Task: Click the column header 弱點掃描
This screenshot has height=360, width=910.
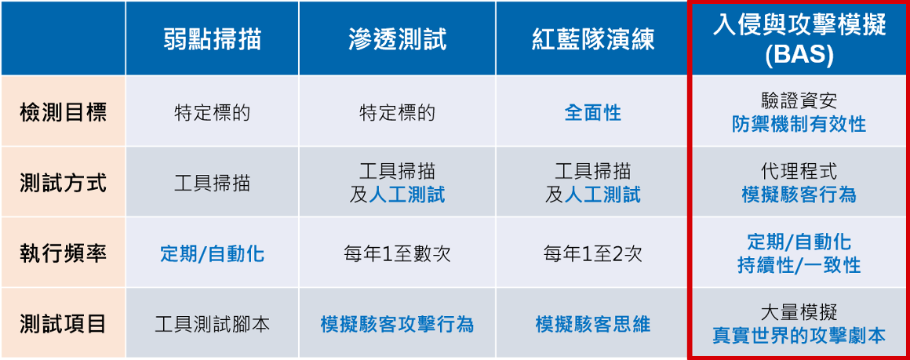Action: pyautogui.click(x=212, y=39)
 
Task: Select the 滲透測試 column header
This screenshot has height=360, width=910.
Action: pyautogui.click(x=398, y=39)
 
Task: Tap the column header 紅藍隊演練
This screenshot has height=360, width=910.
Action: pyautogui.click(x=592, y=39)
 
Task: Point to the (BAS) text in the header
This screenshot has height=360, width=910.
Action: pyautogui.click(x=799, y=54)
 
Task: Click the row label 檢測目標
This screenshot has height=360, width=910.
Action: pyautogui.click(x=64, y=113)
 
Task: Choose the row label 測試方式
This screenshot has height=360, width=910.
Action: pyautogui.click(x=64, y=184)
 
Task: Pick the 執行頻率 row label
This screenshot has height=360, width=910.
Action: pyautogui.click(x=64, y=254)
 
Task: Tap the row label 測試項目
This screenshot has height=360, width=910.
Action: pyautogui.click(x=64, y=324)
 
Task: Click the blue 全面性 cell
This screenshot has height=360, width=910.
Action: pyautogui.click(x=592, y=113)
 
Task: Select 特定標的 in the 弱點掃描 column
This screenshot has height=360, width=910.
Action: pyautogui.click(x=212, y=113)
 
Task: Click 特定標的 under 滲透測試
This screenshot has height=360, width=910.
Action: pyautogui.click(x=398, y=113)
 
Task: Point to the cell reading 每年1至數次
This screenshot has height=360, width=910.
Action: pyautogui.click(x=398, y=254)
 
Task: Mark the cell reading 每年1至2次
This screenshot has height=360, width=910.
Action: pyautogui.click(x=592, y=254)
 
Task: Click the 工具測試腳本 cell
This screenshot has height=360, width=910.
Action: pyautogui.click(x=212, y=324)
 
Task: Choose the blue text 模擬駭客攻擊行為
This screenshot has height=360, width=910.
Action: pyautogui.click(x=398, y=324)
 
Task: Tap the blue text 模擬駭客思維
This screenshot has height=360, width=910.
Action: pyautogui.click(x=592, y=324)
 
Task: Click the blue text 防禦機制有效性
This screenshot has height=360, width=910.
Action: pyautogui.click(x=799, y=124)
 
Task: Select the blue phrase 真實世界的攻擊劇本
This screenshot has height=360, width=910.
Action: pyautogui.click(x=799, y=336)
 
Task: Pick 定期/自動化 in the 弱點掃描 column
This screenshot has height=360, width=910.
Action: pyautogui.click(x=212, y=254)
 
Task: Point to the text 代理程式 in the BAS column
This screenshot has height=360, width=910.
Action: pyautogui.click(x=799, y=171)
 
